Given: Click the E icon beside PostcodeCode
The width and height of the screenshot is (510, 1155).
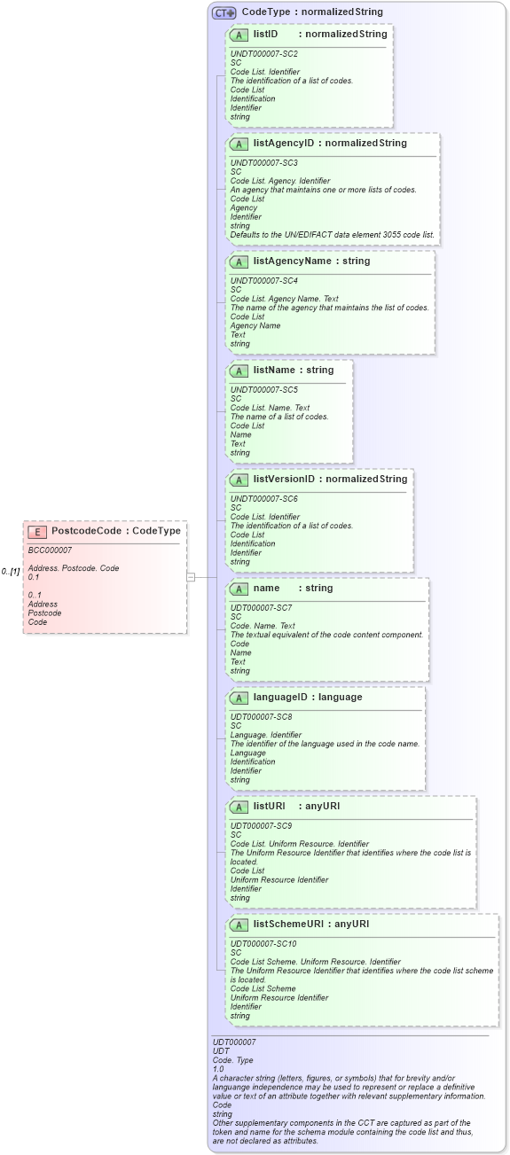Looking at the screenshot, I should tap(37, 532).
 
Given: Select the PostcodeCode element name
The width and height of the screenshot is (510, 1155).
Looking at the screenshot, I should tap(86, 531).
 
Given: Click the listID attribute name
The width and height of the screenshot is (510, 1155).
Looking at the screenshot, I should tap(266, 35).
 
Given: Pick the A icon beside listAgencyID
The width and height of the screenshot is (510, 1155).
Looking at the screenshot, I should tap(239, 144).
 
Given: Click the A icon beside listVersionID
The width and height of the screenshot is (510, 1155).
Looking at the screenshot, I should tap(239, 480).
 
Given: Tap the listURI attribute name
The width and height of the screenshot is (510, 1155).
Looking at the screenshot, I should tap(271, 806).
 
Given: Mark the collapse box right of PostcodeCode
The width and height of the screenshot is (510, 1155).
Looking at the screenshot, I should tap(190, 577).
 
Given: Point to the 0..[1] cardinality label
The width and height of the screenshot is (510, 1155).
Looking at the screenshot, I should tap(11, 572).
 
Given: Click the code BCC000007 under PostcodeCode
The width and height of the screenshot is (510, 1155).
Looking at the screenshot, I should tap(50, 550).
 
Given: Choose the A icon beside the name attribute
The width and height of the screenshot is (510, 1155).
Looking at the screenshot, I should tap(239, 589).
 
